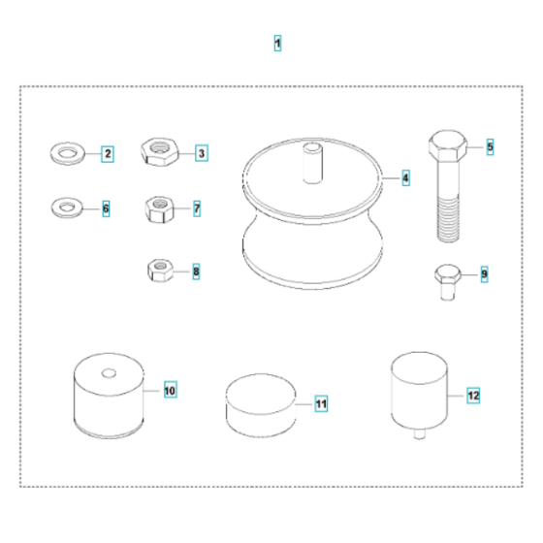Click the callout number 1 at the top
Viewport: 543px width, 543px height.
click(278, 44)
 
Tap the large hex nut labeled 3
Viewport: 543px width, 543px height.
click(157, 151)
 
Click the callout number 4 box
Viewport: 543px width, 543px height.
click(405, 178)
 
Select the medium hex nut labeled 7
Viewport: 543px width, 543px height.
click(158, 208)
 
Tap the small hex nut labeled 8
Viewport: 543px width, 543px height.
click(158, 271)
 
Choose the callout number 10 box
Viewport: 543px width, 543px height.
click(171, 391)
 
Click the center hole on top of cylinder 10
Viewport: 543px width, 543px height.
click(108, 373)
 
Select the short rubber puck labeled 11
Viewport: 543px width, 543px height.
click(260, 402)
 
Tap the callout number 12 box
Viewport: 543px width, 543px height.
click(473, 396)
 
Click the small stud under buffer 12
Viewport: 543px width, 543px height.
click(419, 433)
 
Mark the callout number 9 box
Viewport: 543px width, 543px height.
click(484, 274)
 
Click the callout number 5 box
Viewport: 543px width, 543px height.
click(490, 146)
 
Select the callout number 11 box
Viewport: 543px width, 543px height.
click(321, 402)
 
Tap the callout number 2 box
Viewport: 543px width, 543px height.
click(108, 153)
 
